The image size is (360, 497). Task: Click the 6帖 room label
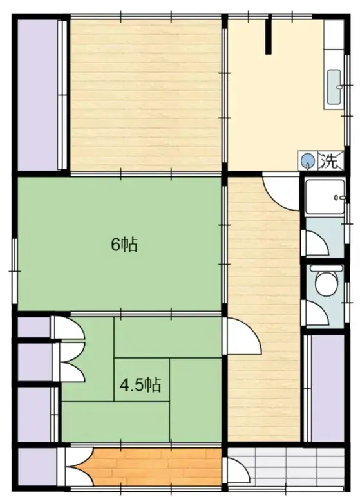(124, 245)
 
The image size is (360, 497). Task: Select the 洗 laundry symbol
(329, 160)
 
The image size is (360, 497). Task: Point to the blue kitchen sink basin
(335, 86)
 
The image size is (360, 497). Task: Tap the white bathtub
(326, 196)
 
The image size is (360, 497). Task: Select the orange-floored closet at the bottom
(155, 465)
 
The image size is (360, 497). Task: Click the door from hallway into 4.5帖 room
(240, 337)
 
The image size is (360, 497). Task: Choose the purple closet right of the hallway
(328, 386)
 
